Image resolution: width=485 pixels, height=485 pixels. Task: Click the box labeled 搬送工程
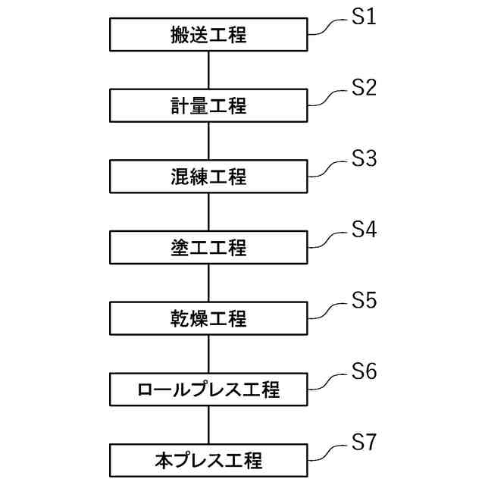click(208, 35)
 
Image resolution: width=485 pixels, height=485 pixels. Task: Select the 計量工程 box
click(208, 106)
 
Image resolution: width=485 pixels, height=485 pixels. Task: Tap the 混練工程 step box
click(208, 177)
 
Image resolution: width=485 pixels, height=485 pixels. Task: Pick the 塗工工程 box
click(208, 248)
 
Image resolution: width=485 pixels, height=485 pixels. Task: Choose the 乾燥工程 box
click(208, 318)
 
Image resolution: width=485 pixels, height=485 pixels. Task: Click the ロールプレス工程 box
click(208, 390)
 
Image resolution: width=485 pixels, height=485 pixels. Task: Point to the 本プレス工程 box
click(208, 460)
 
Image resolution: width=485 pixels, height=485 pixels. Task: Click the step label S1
click(364, 17)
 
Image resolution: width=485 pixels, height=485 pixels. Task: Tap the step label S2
click(364, 88)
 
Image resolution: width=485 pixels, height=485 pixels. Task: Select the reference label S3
click(364, 159)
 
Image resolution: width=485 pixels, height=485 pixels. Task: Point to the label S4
click(364, 230)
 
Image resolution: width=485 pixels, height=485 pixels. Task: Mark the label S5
click(364, 301)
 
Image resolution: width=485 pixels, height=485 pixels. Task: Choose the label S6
click(364, 371)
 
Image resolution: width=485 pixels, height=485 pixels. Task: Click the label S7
click(364, 443)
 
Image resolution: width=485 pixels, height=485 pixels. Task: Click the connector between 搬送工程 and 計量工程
click(208, 70)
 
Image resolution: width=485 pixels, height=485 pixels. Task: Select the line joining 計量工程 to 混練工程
click(208, 141)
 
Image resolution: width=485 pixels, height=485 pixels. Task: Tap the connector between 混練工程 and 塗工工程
click(208, 212)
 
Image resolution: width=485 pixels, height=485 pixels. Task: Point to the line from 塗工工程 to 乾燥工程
click(208, 283)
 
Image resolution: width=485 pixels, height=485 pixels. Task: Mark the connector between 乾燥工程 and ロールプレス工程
click(208, 354)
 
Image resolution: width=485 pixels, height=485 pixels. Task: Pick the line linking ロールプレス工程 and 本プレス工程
click(208, 424)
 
